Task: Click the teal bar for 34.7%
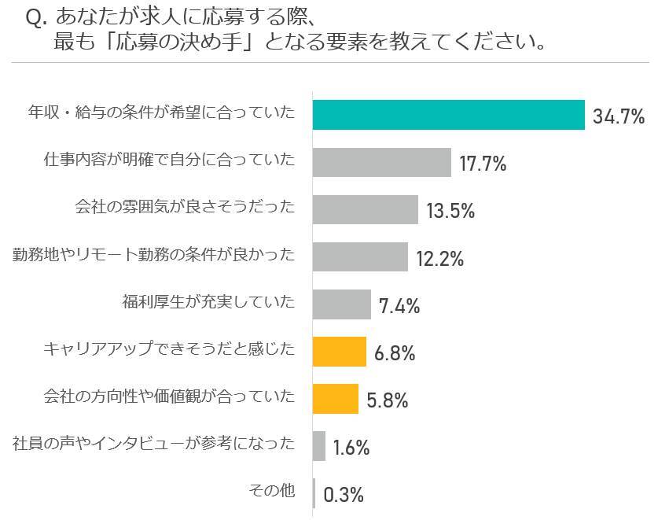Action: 449,115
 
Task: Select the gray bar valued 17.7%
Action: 382,162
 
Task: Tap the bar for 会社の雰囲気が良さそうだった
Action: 366,209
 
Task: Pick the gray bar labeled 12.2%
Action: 360,256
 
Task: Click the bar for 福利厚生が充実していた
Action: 342,304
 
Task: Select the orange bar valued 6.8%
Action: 340,352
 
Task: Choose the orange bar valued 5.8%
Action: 336,399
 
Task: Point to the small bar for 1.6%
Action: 319,446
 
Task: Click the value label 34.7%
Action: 619,117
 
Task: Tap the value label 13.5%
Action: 450,212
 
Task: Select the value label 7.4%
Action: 399,306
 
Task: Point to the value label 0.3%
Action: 344,495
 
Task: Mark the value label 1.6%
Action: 351,448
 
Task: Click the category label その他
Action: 272,492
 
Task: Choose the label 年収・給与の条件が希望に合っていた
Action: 161,114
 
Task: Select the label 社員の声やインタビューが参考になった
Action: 154,444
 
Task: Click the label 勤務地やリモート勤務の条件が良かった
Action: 154,255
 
